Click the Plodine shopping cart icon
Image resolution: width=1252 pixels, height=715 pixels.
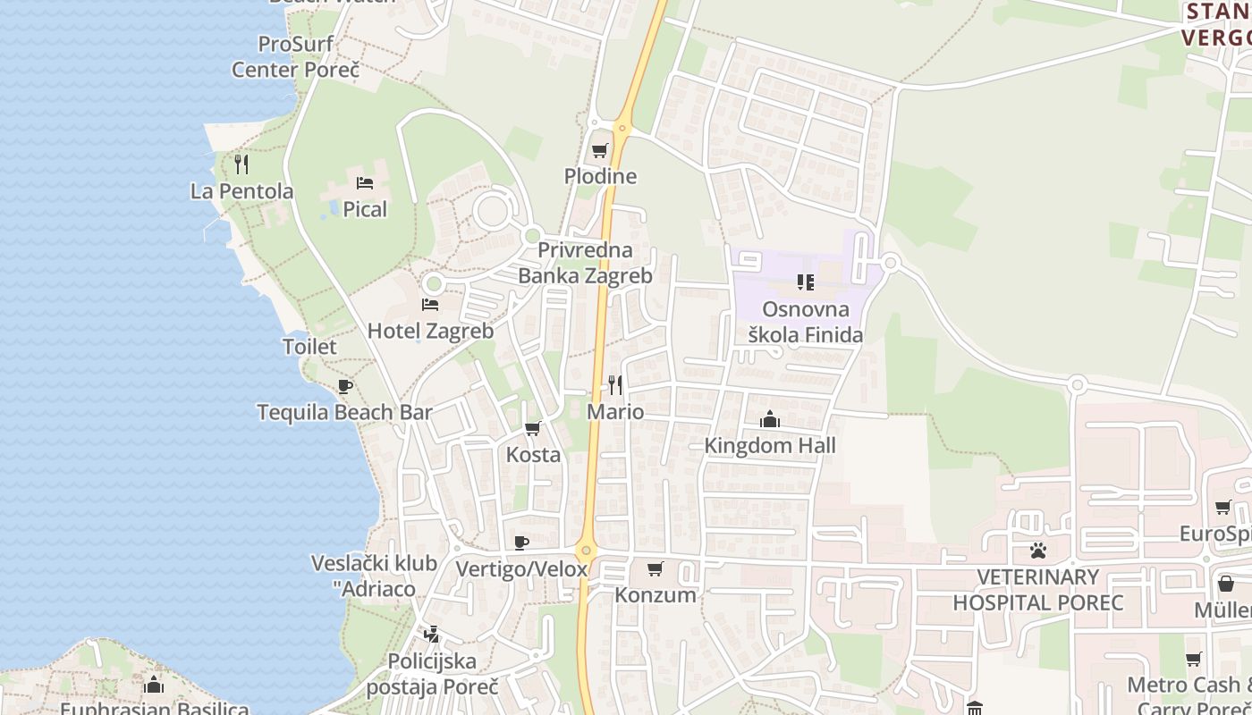(x=599, y=150)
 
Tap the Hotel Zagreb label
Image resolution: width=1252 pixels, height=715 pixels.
(x=430, y=331)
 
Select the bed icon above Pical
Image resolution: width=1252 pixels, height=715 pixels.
(x=365, y=183)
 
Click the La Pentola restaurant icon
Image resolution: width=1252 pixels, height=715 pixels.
(x=241, y=164)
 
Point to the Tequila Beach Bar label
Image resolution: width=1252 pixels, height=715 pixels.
(x=344, y=412)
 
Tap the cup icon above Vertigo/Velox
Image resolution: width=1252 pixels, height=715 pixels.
(x=522, y=543)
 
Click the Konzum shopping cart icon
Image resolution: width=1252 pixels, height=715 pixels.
(x=656, y=568)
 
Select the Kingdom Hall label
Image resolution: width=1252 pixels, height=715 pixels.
(x=770, y=445)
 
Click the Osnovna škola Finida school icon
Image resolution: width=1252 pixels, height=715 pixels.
(x=805, y=283)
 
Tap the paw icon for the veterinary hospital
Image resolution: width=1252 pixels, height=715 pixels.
(x=1037, y=551)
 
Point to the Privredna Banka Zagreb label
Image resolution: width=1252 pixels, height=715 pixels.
(x=585, y=263)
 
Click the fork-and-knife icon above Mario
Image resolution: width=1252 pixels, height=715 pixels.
(x=615, y=385)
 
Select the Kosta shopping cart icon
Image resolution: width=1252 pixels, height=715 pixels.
(x=533, y=429)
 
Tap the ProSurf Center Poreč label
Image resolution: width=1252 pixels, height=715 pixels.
(x=295, y=56)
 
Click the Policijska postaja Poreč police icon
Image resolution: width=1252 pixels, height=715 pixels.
(x=432, y=635)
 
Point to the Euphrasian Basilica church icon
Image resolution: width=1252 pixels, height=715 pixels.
(x=154, y=686)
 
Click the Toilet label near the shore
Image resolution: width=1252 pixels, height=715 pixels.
(x=309, y=347)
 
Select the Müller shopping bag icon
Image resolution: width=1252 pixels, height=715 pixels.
(x=1225, y=585)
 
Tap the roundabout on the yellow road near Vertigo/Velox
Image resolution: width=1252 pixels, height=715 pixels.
(x=586, y=551)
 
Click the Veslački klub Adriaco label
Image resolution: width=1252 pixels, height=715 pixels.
(x=374, y=576)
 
